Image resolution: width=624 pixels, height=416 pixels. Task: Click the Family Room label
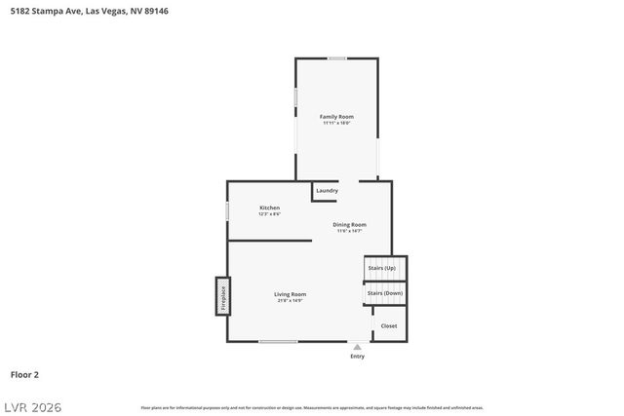coord(336,116)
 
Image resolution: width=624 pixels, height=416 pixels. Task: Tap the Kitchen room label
coord(269,208)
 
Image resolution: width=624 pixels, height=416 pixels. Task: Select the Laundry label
coord(327,190)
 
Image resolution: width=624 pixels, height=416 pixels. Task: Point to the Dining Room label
coord(349,224)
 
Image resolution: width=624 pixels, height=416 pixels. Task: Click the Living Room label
coord(290,294)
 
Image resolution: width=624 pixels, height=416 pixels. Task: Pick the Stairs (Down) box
coord(385,292)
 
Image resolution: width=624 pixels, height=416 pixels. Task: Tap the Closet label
coord(388,325)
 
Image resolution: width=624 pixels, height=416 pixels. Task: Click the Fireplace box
coord(222,296)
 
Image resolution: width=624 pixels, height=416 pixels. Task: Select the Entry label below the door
coord(357,357)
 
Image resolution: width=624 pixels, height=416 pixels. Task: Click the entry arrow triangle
coord(357,346)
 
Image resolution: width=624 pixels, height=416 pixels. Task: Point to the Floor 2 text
coord(24,374)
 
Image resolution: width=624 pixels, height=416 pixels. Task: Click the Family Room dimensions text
coord(336,123)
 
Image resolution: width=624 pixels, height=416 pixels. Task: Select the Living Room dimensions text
coord(290,301)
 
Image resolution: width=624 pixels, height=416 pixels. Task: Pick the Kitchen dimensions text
coord(269,213)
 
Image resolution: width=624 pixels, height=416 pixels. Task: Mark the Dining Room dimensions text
coord(349,231)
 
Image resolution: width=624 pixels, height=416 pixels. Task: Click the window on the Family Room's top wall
coord(336,58)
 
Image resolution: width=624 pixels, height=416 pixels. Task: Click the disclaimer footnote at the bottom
coord(311,407)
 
